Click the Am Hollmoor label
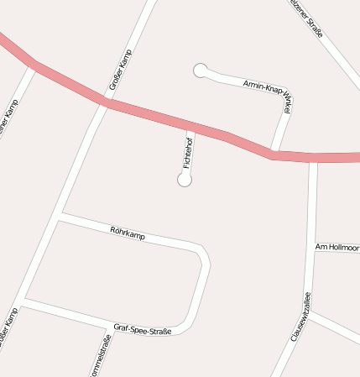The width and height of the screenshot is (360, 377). [337, 247]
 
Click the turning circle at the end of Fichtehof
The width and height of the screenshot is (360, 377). [185, 180]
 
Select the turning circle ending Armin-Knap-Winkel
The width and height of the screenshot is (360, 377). [201, 71]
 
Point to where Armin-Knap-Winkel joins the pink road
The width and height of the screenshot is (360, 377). [274, 152]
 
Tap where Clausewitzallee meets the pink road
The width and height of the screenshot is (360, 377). [313, 158]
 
